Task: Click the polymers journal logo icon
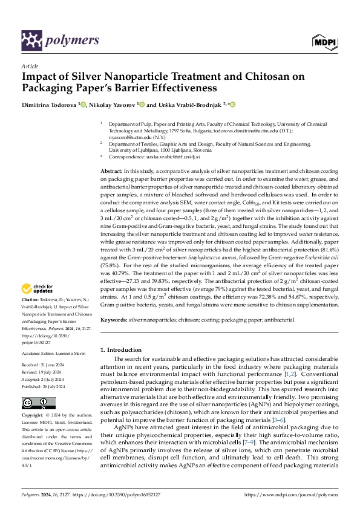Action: coord(31,40)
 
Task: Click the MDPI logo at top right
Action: coord(324,41)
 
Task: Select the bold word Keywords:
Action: coord(113,319)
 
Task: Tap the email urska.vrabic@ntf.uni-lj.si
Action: coord(165,157)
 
